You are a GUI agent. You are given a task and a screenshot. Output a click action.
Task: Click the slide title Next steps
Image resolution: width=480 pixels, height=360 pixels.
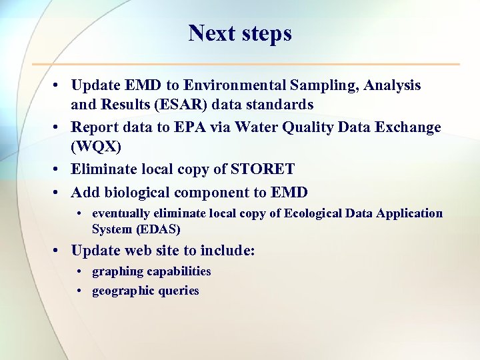pos(240,33)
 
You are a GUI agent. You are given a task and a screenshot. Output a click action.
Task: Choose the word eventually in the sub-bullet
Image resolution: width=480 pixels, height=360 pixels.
pos(120,213)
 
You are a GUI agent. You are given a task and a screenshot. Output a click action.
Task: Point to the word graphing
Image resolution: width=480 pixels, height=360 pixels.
pos(117,271)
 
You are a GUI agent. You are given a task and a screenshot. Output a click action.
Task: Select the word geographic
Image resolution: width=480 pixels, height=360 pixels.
pos(123,291)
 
